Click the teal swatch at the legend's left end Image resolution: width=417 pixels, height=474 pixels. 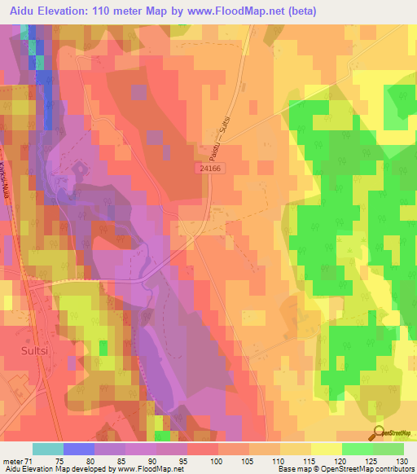click(x=47, y=449)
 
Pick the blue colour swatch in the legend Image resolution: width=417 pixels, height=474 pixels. click(x=78, y=449)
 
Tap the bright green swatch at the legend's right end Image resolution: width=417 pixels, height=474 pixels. click(x=388, y=449)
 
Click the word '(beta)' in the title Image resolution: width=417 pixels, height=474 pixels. click(x=301, y=11)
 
